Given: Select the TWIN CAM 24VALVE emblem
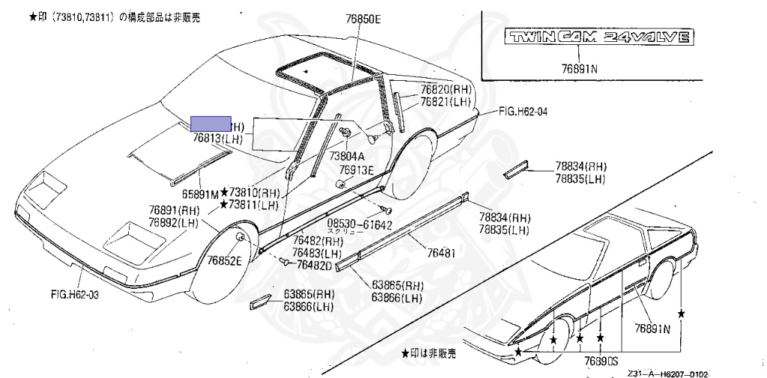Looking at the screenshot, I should coord(596,38).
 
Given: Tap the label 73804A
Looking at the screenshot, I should coord(348,156).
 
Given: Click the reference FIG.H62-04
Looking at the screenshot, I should coord(523,112).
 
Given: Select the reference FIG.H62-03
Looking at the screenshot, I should coord(73,295).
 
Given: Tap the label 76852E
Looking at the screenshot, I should coord(224,260).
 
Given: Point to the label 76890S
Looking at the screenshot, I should coord(600,360).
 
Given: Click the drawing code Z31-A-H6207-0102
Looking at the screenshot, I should coord(667,373).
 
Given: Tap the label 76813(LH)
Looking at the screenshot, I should coord(217,139).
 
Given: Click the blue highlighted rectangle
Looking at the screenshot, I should coord(211,124).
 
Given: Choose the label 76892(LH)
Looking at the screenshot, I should coord(173,222).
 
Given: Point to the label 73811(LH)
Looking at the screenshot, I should coord(253,204).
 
